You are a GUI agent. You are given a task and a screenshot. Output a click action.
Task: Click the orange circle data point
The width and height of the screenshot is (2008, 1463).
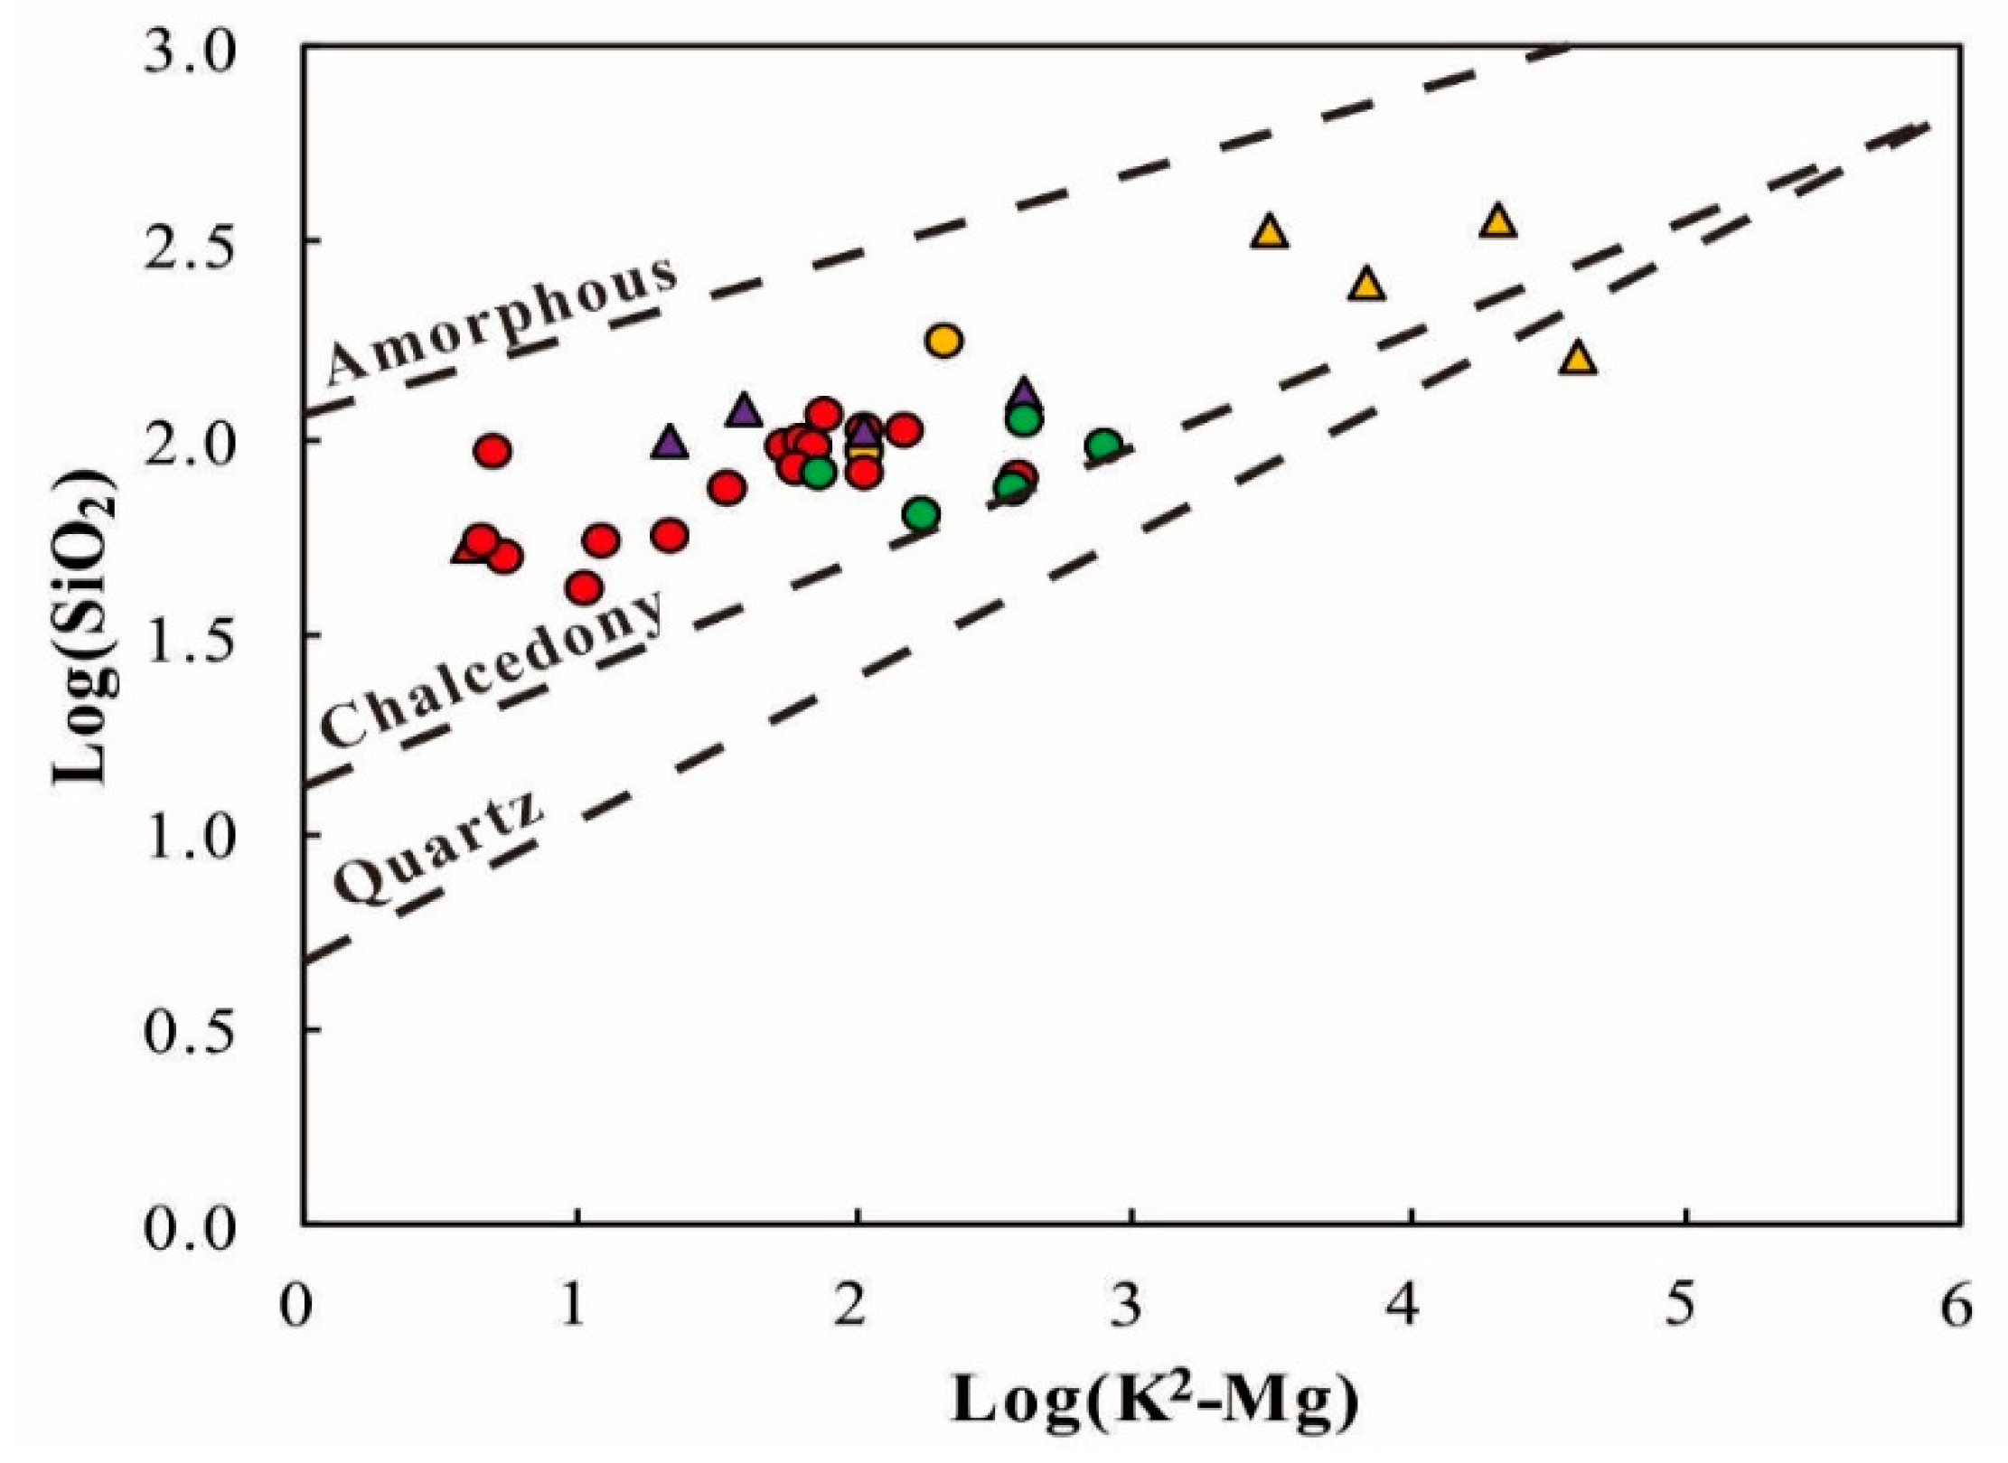(x=943, y=342)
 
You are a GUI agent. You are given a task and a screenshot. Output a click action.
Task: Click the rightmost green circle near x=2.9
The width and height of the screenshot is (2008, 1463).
(x=1103, y=445)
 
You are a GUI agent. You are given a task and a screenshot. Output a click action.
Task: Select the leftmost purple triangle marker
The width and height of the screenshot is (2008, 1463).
(x=670, y=444)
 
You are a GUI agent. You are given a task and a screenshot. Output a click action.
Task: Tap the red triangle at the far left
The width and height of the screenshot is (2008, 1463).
(x=466, y=549)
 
